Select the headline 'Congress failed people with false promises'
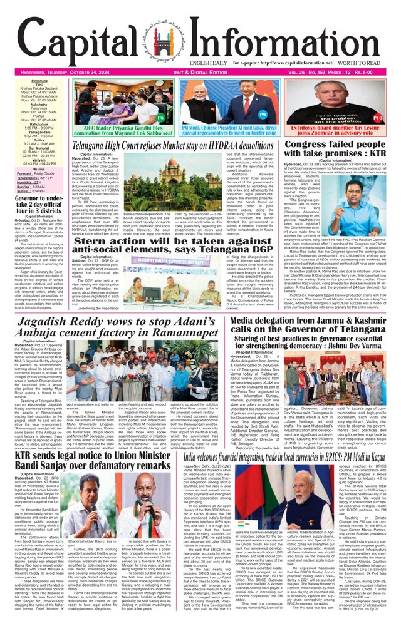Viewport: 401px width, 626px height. (336, 151)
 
